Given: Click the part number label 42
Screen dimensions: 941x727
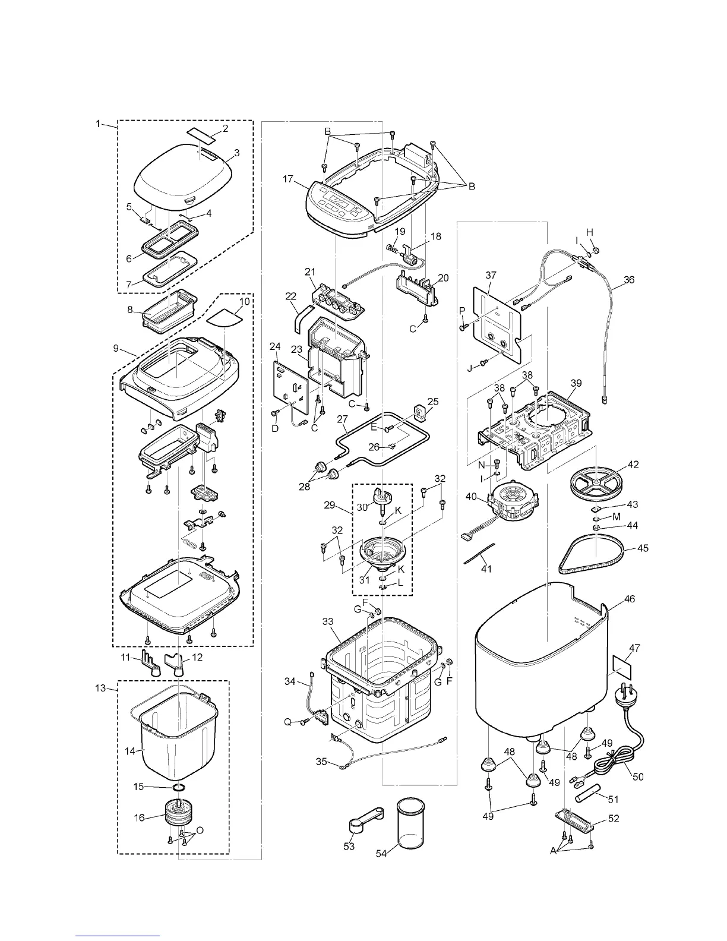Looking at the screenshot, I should point(633,465).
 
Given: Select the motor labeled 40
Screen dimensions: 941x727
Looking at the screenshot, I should point(514,497).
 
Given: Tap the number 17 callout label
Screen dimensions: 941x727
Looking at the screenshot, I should point(288,178).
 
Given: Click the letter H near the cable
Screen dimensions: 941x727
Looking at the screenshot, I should point(590,232).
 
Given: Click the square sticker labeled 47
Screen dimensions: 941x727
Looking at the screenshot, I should point(620,668).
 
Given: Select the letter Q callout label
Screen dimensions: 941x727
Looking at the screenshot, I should point(287,722).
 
